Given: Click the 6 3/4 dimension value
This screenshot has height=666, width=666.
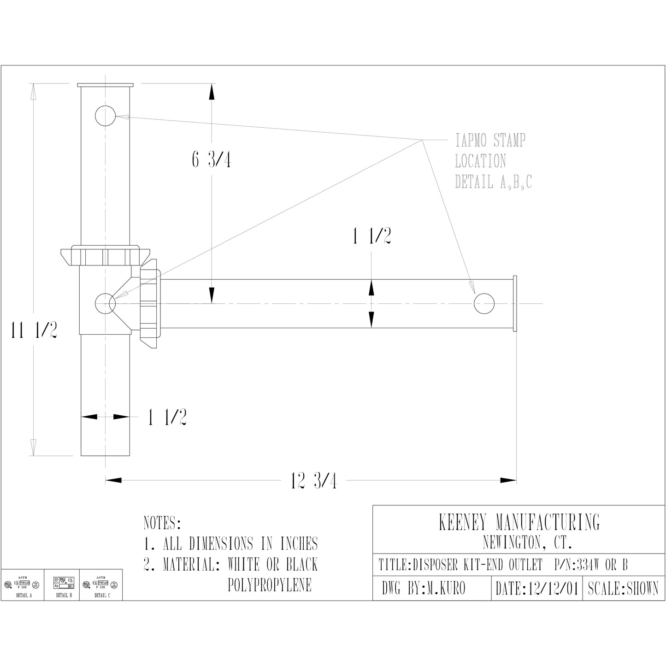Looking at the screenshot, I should click(211, 159).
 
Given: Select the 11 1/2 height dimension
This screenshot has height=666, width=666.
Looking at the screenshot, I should click(34, 330).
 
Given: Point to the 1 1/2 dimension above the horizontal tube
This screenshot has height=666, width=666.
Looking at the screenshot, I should click(371, 236).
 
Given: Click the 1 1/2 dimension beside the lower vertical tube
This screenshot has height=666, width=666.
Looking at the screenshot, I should click(167, 418).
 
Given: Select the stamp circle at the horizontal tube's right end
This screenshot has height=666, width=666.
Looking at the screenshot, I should click(484, 303).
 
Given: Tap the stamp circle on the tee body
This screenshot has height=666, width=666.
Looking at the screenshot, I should click(105, 303).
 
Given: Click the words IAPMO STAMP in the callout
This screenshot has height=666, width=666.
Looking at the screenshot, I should click(490, 140).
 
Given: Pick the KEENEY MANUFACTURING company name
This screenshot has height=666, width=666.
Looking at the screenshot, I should click(519, 522).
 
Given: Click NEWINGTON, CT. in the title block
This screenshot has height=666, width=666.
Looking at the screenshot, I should click(527, 543).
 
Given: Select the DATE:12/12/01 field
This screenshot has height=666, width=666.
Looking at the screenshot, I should click(536, 589).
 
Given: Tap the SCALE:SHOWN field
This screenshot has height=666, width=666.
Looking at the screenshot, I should click(623, 589).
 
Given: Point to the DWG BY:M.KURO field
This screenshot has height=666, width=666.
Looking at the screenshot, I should click(424, 589).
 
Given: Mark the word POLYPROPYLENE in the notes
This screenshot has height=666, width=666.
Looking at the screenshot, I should click(270, 585).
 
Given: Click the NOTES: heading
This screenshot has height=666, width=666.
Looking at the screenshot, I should click(162, 523).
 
